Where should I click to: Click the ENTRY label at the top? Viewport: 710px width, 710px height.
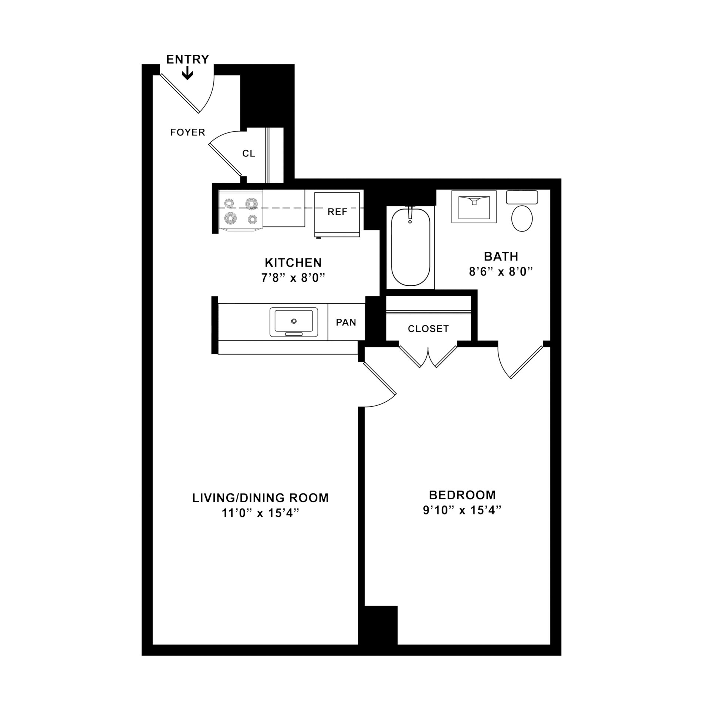(187, 59)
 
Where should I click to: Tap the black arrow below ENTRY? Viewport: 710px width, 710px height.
(188, 74)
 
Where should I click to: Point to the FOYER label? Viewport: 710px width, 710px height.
(187, 132)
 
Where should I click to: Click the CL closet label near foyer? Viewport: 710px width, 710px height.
(249, 153)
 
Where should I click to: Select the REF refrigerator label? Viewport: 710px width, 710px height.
(337, 212)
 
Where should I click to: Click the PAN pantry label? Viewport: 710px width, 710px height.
(346, 322)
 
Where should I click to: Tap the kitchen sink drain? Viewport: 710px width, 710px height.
(294, 321)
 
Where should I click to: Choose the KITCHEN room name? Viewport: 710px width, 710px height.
(293, 263)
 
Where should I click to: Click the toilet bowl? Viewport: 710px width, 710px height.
(522, 219)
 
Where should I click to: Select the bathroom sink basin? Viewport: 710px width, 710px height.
(474, 208)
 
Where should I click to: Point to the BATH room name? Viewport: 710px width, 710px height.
(501, 256)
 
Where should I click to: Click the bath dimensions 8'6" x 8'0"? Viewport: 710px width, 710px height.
(501, 272)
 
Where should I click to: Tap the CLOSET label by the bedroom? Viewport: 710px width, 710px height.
(428, 328)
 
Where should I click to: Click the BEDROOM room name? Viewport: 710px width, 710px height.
(462, 494)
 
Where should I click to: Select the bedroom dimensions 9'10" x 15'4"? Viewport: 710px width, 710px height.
(462, 510)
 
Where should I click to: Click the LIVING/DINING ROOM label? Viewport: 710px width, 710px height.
(260, 498)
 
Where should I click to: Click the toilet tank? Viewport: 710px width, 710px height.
(522, 197)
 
